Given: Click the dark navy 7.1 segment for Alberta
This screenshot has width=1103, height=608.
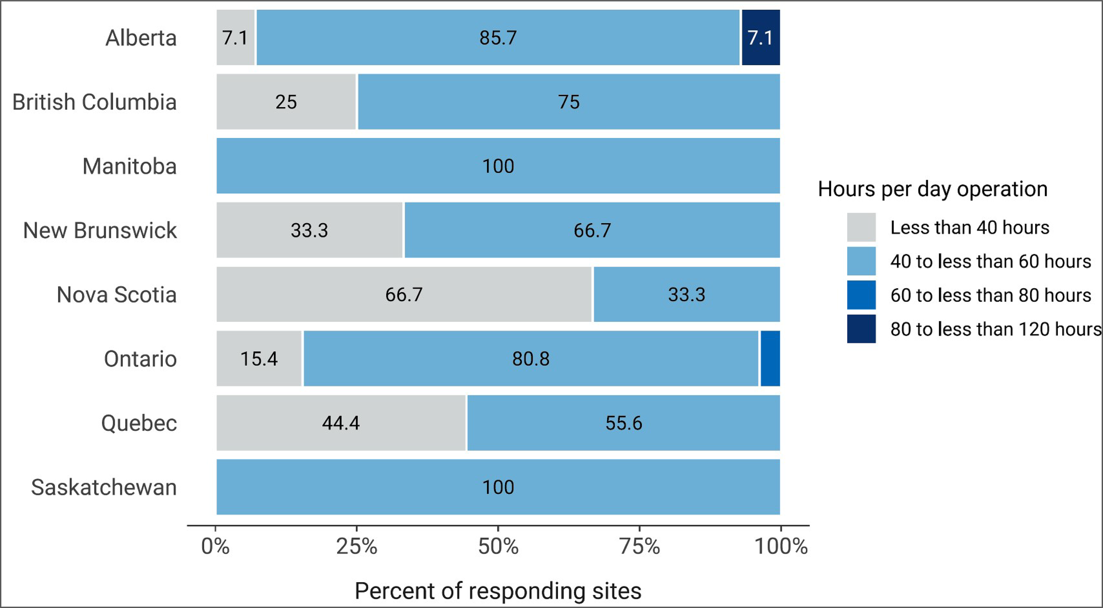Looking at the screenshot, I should click(760, 38).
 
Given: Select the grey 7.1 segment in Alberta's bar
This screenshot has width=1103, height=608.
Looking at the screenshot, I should click(235, 38).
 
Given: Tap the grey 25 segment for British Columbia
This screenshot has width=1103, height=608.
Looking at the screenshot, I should click(286, 102).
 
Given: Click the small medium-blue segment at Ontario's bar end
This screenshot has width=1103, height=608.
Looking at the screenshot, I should click(770, 359).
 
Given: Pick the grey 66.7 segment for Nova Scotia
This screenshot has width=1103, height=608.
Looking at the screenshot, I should click(403, 294).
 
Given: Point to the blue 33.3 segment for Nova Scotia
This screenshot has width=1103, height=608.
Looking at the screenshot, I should click(686, 294).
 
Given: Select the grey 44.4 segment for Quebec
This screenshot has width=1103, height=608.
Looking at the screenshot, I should click(341, 423).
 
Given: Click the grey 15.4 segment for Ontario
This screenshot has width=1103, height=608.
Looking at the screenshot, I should click(259, 359).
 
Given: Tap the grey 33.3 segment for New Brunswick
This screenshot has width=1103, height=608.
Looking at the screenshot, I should click(309, 230).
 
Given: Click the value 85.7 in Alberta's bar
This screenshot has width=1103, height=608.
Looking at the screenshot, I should click(498, 38).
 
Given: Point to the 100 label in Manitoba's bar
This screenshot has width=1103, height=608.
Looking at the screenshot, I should click(498, 166).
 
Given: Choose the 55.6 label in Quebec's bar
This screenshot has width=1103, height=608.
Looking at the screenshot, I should click(623, 423).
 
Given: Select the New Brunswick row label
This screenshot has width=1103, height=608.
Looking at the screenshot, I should click(100, 230).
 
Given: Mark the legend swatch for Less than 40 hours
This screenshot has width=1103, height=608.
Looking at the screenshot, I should click(861, 227).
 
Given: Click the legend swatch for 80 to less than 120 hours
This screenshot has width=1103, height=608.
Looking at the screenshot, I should click(861, 329).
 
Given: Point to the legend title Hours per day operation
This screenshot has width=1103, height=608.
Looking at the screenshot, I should click(933, 189).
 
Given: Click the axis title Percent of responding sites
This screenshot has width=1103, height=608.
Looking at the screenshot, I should click(498, 591).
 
